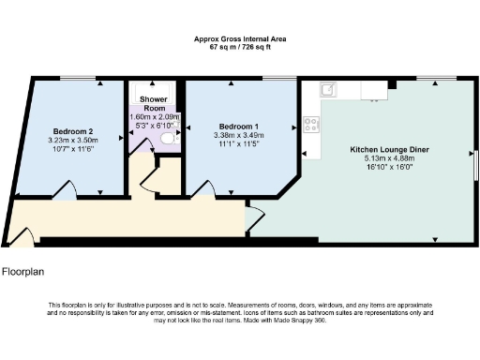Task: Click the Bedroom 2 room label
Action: click(x=71, y=130)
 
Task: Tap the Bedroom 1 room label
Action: click(x=239, y=126)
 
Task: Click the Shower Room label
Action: click(x=153, y=103)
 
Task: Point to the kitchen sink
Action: click(x=329, y=90)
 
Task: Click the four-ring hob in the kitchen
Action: click(x=311, y=123)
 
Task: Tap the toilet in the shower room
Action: click(x=168, y=138)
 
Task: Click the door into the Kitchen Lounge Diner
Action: click(x=253, y=218)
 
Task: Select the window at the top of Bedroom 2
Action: click(x=74, y=80)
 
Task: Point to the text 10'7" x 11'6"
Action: click(x=73, y=149)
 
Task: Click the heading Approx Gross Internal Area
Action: click(x=240, y=38)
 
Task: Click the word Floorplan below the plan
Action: click(x=23, y=274)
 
